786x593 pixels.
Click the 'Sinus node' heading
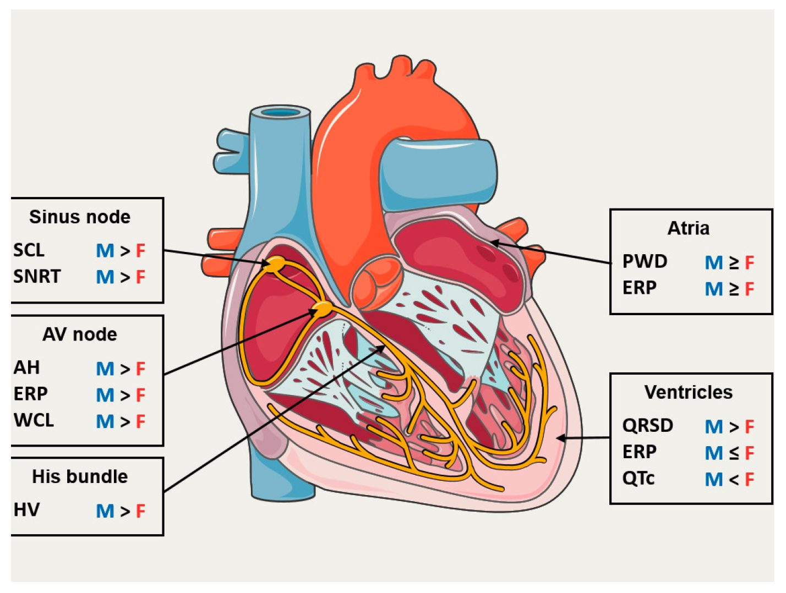(x=80, y=217)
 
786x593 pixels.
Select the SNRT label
(x=36, y=276)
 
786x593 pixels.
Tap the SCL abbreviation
(x=29, y=250)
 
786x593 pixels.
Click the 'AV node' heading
(x=80, y=334)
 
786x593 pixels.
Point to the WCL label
(x=34, y=420)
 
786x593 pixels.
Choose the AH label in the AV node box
(x=26, y=367)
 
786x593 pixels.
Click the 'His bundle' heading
(x=80, y=476)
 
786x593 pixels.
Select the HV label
(x=26, y=510)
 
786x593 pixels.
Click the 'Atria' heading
(x=688, y=228)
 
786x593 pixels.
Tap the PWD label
(x=645, y=261)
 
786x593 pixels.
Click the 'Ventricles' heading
(x=688, y=392)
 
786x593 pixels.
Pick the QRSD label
(x=647, y=426)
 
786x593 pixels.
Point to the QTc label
(x=638, y=479)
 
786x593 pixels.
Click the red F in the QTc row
(x=749, y=480)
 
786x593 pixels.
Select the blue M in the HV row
(x=105, y=511)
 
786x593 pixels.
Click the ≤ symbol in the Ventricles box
(x=734, y=453)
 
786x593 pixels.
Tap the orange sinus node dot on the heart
(x=275, y=263)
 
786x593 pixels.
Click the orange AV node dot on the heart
(x=323, y=309)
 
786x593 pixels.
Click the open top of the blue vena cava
(x=281, y=113)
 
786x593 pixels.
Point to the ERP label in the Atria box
(x=639, y=288)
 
